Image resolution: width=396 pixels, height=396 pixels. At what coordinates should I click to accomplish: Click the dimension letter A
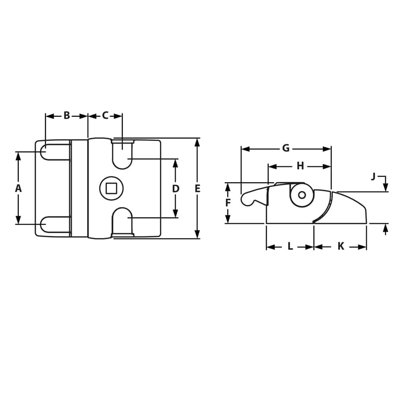(x=18, y=188)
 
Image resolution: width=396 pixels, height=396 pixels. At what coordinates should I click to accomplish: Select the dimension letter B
(x=66, y=116)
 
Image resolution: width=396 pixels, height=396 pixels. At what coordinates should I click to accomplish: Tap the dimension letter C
(x=105, y=116)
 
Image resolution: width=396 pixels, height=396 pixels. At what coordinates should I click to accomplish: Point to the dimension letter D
(x=175, y=189)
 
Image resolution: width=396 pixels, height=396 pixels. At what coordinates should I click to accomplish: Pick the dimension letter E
(x=198, y=189)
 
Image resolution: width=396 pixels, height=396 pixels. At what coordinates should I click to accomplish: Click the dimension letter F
(x=228, y=203)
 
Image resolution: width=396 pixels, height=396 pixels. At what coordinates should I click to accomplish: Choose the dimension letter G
(x=286, y=148)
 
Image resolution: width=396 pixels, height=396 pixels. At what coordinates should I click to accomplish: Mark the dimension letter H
(x=300, y=166)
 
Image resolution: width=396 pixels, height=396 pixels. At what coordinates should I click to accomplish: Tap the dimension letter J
(x=374, y=177)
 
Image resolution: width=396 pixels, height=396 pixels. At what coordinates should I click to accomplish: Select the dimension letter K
(x=341, y=247)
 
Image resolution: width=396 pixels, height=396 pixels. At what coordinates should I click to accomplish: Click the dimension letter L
(x=290, y=247)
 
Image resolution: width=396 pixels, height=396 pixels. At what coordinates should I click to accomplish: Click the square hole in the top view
(x=111, y=188)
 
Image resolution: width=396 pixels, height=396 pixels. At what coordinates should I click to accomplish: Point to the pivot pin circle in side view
(x=301, y=195)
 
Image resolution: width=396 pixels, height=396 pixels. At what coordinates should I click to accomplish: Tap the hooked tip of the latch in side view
(x=246, y=199)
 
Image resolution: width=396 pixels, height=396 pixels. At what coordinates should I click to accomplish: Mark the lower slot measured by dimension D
(x=122, y=221)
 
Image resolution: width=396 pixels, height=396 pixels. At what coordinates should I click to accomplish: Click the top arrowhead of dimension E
(x=198, y=143)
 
